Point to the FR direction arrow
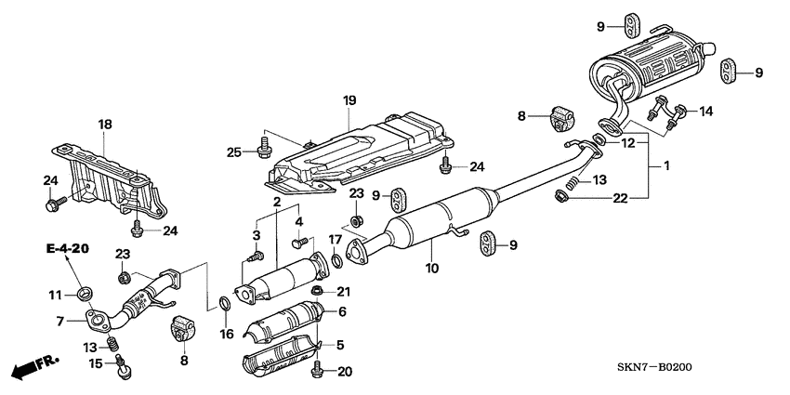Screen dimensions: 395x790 pyautogui.click(x=34, y=366)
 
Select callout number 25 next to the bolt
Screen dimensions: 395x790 pyautogui.click(x=234, y=151)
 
